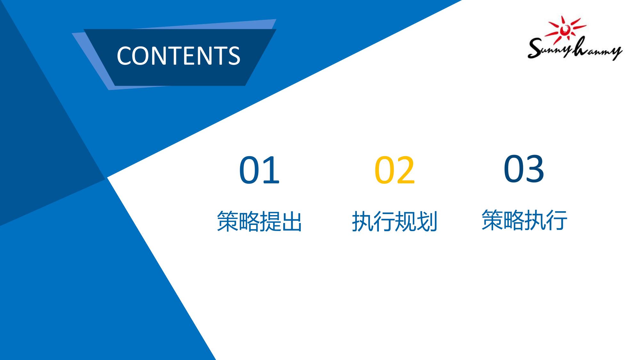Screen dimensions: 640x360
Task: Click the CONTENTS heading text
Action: tap(178, 56)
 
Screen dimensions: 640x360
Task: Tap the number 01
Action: tap(259, 170)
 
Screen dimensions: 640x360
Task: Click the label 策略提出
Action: tap(259, 221)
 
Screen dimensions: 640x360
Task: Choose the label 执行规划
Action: tap(395, 221)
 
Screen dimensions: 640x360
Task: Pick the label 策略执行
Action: tap(524, 220)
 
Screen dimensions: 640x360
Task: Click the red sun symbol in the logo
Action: tap(566, 29)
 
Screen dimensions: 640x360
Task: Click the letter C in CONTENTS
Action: tap(124, 56)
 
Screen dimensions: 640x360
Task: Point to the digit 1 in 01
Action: tap(271, 170)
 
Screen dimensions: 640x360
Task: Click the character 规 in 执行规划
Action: tap(405, 221)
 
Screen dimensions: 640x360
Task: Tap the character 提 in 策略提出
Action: tap(270, 221)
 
